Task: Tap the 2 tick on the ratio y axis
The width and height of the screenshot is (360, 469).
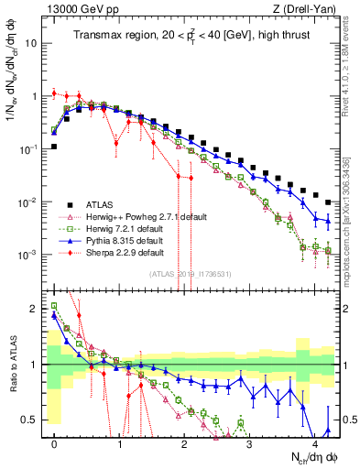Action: pyautogui.click(x=34, y=309)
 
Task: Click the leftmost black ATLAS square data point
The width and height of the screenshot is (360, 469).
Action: pyautogui.click(x=54, y=147)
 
